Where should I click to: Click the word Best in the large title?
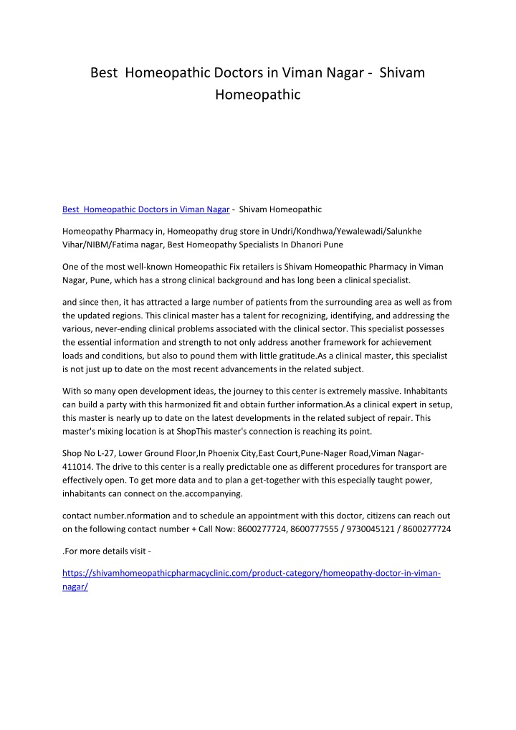103,73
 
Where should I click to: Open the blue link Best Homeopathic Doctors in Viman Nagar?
146,209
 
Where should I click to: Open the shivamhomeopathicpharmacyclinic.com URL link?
251,574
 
